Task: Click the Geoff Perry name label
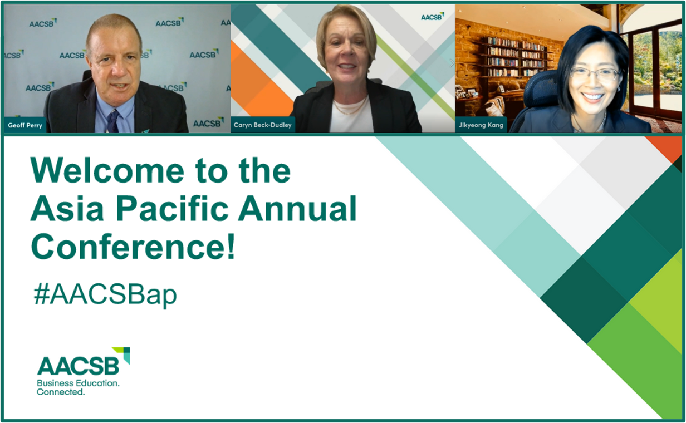click(25, 125)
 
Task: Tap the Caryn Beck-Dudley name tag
click(263, 125)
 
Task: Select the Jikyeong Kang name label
click(481, 125)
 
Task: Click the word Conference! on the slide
click(133, 247)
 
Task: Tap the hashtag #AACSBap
click(105, 294)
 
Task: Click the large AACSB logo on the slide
click(84, 361)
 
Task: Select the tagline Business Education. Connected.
click(78, 387)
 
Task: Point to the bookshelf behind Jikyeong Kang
click(518, 57)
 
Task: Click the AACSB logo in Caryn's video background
click(433, 17)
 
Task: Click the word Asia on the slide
click(67, 208)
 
